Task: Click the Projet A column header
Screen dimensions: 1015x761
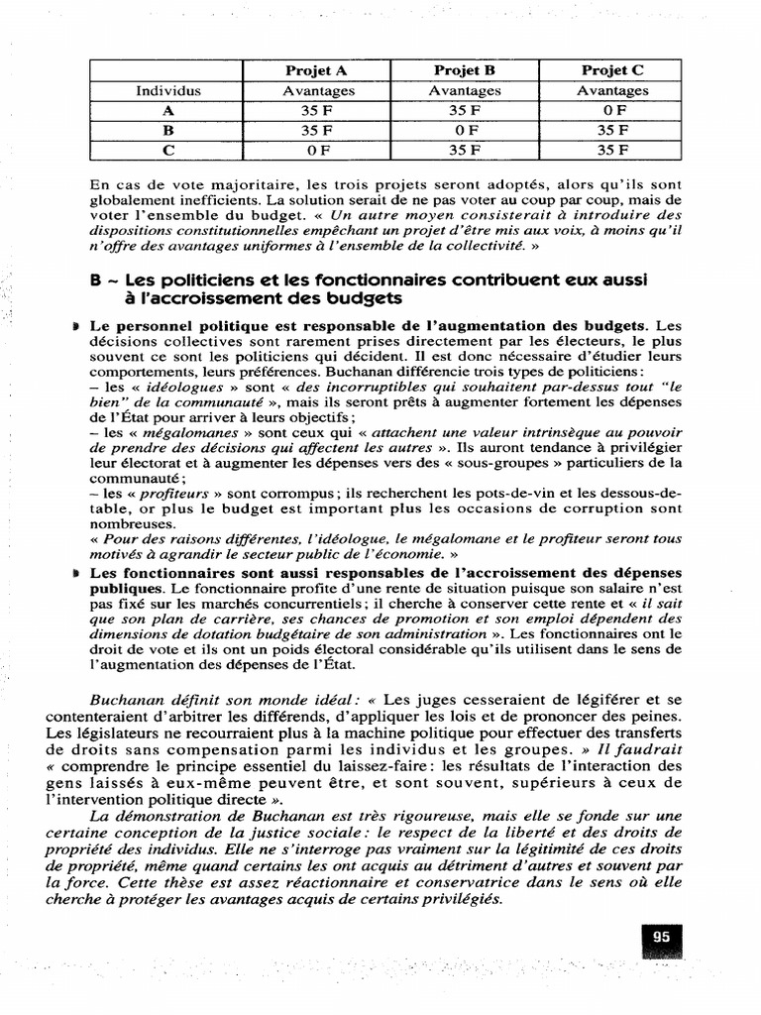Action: (x=315, y=70)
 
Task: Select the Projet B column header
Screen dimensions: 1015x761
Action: (x=464, y=70)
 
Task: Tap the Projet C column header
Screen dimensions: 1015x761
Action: (x=612, y=70)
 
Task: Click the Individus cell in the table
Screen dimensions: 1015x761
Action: (x=167, y=90)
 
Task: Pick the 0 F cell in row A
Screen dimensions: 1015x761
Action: (x=612, y=111)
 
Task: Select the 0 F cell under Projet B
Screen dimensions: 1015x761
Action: (x=464, y=130)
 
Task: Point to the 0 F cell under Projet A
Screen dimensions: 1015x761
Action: (x=315, y=150)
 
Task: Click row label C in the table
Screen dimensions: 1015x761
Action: (x=167, y=150)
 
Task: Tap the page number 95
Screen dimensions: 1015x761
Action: (x=661, y=937)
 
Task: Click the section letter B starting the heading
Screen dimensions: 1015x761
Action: (x=95, y=281)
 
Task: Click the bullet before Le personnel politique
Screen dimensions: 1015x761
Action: (x=76, y=325)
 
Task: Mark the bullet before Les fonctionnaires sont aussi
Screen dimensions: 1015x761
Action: (x=76, y=573)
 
